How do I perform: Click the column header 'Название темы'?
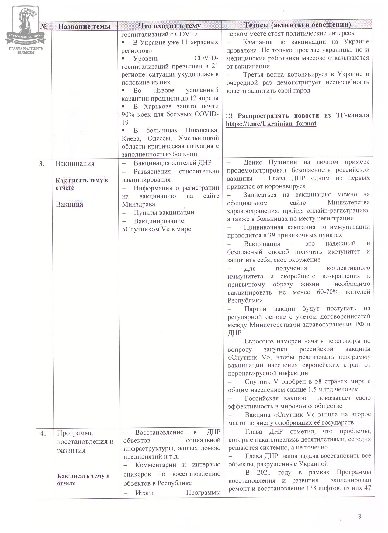click(84, 26)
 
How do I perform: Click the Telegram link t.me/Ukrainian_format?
click(271, 124)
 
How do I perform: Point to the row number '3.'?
click(41, 164)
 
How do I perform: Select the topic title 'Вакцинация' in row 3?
click(75, 164)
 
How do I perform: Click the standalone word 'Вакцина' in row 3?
click(69, 204)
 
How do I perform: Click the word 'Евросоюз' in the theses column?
click(261, 341)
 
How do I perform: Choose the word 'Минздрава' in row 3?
click(139, 204)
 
